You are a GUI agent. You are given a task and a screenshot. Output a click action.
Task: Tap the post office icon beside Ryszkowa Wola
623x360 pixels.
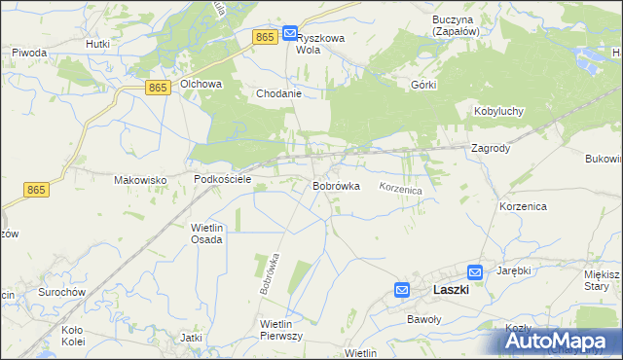pyautogui.click(x=290, y=34)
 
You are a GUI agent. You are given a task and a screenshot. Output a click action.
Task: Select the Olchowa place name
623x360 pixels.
pyautogui.click(x=201, y=85)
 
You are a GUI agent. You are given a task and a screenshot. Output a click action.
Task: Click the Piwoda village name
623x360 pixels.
pyautogui.click(x=29, y=52)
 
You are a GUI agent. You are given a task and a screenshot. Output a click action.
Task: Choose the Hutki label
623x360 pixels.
pyautogui.click(x=97, y=44)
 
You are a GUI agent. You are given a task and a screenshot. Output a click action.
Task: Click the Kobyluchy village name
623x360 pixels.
pyautogui.click(x=499, y=112)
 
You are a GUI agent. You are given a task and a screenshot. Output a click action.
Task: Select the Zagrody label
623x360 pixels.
pyautogui.click(x=491, y=149)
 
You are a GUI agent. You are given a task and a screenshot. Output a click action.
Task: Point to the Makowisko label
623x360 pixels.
pyautogui.click(x=141, y=180)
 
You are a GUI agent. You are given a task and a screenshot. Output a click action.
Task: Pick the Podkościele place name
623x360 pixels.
pyautogui.click(x=223, y=180)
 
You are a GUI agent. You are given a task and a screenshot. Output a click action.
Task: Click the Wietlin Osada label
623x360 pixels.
pyautogui.click(x=206, y=233)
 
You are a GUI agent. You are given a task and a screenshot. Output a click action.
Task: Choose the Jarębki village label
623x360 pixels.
pyautogui.click(x=513, y=270)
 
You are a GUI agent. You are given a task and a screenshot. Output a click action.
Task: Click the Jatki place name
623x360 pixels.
pyautogui.click(x=191, y=338)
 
